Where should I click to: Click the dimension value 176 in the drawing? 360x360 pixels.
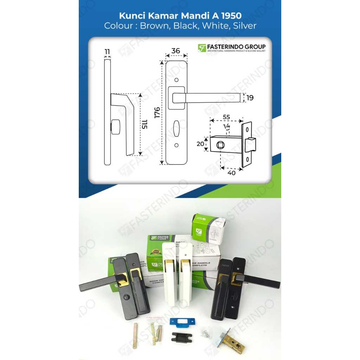tap(157, 112)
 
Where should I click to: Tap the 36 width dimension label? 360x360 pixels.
tap(175, 51)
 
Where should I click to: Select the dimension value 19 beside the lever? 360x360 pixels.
tap(250, 98)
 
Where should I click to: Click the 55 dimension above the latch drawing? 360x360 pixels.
tap(226, 117)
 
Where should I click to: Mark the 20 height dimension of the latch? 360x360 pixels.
tap(200, 144)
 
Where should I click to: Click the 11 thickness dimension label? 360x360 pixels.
tap(107, 52)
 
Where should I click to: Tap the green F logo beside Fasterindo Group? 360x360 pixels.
tap(202, 48)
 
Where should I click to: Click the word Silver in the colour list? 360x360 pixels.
tap(244, 26)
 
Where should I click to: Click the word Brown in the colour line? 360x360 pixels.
tap(153, 26)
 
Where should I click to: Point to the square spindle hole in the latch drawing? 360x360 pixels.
tap(221, 144)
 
